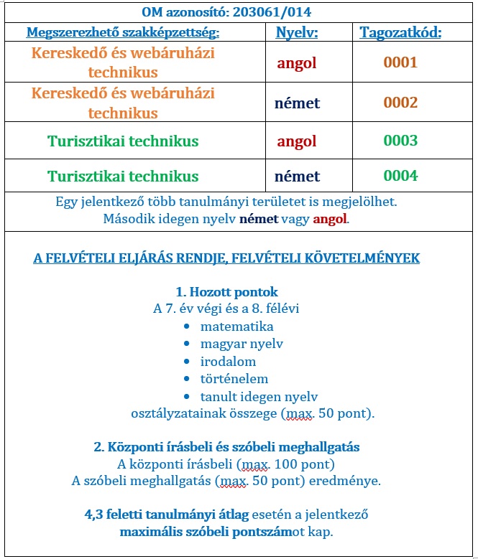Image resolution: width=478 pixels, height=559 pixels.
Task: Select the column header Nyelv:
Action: pos(297,32)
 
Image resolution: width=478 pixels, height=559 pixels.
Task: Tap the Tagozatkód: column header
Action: pos(400,32)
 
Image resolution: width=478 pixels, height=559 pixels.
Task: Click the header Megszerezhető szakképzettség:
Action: pos(123,32)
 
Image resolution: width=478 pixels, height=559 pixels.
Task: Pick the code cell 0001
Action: pos(400,62)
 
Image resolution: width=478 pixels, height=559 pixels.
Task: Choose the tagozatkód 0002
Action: pos(400,103)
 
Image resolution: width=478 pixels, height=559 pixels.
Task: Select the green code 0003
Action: pos(400,141)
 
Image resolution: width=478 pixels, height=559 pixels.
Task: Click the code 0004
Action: pos(400,176)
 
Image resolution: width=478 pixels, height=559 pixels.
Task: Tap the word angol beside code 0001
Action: pos(297,62)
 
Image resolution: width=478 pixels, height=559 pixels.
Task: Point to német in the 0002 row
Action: pos(297,103)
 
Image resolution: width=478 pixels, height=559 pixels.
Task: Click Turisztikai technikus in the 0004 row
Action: pos(123,176)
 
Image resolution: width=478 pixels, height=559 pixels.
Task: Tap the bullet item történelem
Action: pos(234,378)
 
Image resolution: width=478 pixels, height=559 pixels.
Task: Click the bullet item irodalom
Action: pos(228,361)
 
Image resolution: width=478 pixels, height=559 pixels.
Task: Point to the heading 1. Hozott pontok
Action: pos(226,292)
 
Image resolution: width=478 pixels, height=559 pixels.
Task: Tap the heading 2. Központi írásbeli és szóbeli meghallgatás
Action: pos(226,446)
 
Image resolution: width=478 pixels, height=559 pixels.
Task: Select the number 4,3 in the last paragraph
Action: pos(93,515)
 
